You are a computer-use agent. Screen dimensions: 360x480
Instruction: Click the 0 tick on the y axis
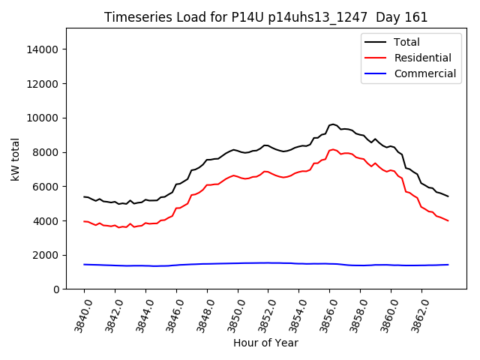[55, 289]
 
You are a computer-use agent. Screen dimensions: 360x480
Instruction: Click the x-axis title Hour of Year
[265, 343]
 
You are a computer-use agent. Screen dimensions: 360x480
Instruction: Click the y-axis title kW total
[14, 158]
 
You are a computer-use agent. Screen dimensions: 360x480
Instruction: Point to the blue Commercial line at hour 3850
[238, 263]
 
